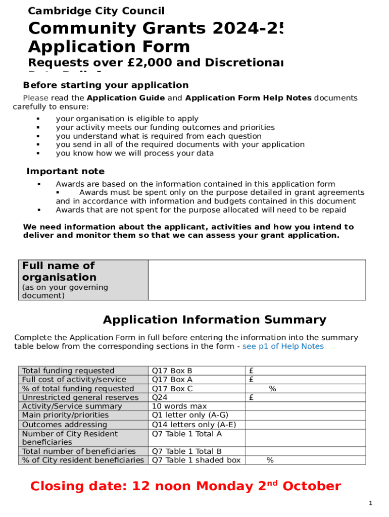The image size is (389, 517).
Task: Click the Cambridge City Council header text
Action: coord(96,11)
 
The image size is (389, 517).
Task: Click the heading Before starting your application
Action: coord(106,85)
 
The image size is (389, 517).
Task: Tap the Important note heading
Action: coord(65,172)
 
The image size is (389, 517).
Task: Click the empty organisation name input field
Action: coord(257,280)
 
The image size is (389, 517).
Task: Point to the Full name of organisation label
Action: coord(59,271)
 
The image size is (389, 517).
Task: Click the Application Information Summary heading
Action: coord(214,320)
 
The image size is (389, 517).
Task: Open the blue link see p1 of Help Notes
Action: coord(283,346)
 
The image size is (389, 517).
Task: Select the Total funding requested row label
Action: coord(68,371)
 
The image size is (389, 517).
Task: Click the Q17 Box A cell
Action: coord(172,380)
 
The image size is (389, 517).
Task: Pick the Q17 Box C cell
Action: coord(172,389)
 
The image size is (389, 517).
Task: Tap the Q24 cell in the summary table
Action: coord(160,397)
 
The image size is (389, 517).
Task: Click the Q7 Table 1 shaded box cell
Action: coord(196,460)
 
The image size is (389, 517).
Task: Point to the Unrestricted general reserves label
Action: coord(80,397)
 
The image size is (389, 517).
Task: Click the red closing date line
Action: coord(185,486)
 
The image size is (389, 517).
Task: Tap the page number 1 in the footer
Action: coord(370,503)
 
